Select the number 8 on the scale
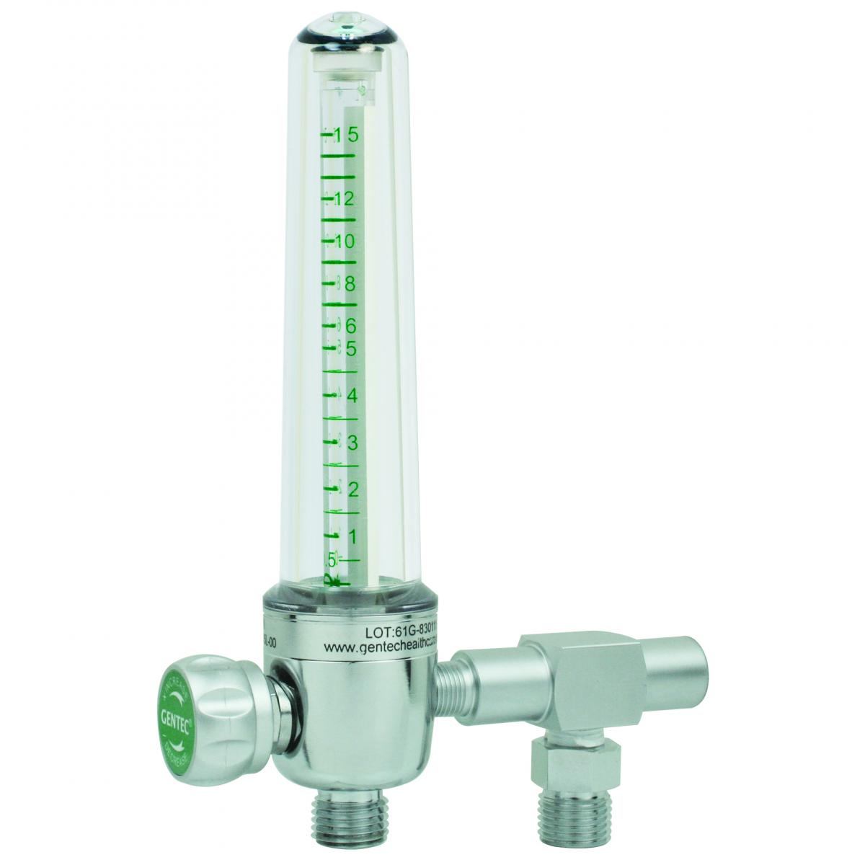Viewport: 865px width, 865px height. click(351, 284)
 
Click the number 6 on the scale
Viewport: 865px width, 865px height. click(351, 327)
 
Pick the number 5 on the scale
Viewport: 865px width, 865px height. click(352, 349)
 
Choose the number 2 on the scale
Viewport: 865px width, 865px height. click(353, 489)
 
